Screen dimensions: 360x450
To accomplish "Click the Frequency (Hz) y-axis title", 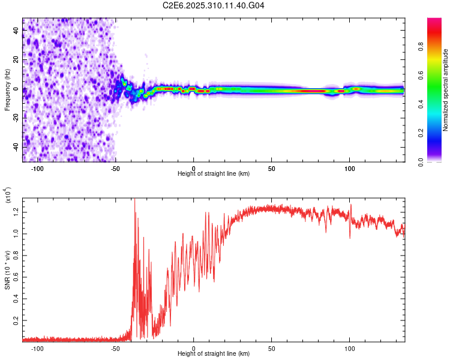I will pyautogui.click(x=7, y=89).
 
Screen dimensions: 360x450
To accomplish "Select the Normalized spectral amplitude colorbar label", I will pyautogui.click(x=446, y=89).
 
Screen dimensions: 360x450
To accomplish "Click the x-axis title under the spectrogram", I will pyautogui.click(x=214, y=173).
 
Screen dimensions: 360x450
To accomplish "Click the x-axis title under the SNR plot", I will pyautogui.click(x=214, y=353).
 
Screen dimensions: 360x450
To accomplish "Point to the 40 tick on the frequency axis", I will pyautogui.click(x=16, y=32).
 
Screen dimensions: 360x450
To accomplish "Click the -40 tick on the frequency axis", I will pyautogui.click(x=16, y=146).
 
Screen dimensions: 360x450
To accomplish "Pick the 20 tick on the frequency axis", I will pyautogui.click(x=16, y=61).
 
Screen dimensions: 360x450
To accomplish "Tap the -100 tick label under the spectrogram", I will pyautogui.click(x=38, y=168).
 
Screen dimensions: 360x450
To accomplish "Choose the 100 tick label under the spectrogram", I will pyautogui.click(x=350, y=168).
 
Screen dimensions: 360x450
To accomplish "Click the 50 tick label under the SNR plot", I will pyautogui.click(x=272, y=348).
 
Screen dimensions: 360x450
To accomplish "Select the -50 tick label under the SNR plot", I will pyautogui.click(x=116, y=348).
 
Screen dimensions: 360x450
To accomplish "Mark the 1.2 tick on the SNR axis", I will pyautogui.click(x=16, y=211).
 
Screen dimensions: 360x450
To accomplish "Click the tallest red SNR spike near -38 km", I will pyautogui.click(x=134, y=199).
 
